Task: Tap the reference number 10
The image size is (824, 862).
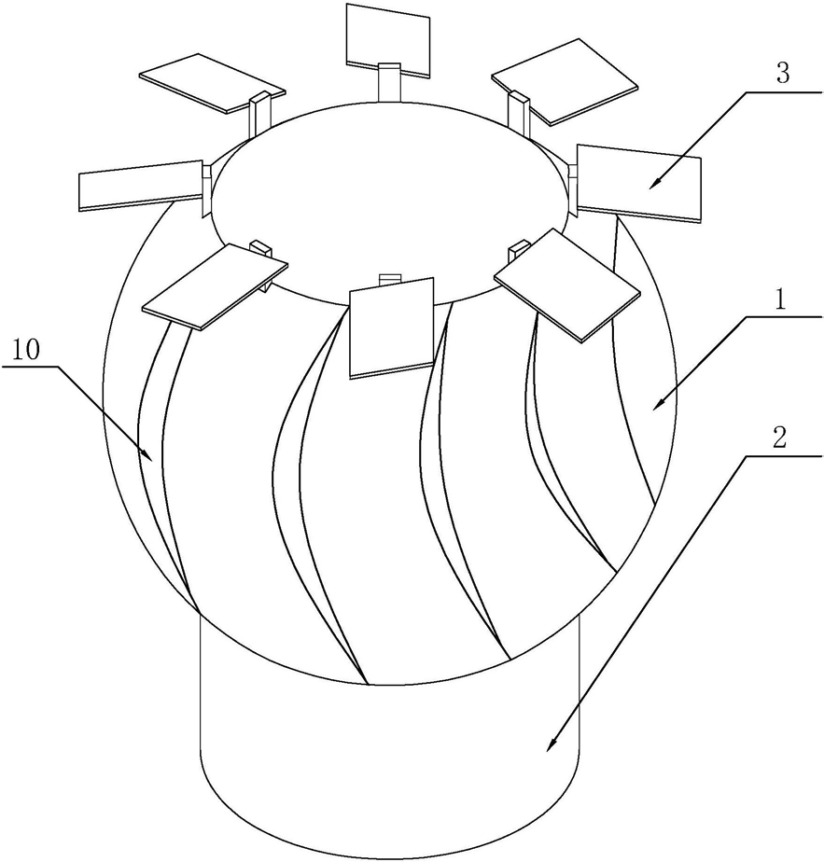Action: coord(25,352)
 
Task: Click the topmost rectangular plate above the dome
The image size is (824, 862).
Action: coord(388,36)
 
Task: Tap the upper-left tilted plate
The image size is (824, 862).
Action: coord(211,82)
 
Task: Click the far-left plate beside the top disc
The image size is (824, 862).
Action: coord(140,185)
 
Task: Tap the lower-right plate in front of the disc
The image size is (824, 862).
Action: coord(566,283)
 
